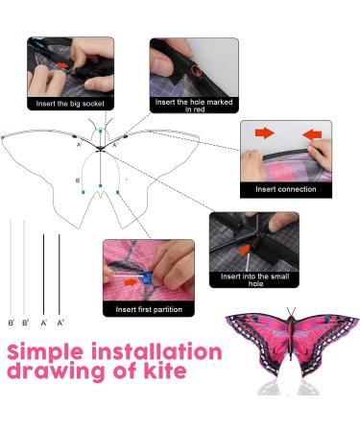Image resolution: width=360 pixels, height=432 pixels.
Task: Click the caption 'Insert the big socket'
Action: pyautogui.click(x=70, y=104)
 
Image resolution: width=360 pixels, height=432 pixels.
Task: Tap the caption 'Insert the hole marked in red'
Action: pyautogui.click(x=194, y=106)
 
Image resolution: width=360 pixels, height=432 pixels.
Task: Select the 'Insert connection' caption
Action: pyautogui.click(x=286, y=189)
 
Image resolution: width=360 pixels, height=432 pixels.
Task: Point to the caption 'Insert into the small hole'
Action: pyautogui.click(x=254, y=279)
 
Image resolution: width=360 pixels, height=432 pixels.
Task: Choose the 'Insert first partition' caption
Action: pyautogui.click(x=149, y=309)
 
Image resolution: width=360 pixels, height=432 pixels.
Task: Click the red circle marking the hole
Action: pyautogui.click(x=196, y=70)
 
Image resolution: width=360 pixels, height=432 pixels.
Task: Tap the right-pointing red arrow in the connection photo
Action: pyautogui.click(x=264, y=132)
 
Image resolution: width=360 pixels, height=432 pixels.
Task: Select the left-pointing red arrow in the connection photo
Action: pyautogui.click(x=312, y=134)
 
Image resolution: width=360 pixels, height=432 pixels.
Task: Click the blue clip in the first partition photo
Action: pyautogui.click(x=147, y=277)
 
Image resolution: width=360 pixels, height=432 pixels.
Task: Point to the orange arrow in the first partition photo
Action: pyautogui.click(x=131, y=282)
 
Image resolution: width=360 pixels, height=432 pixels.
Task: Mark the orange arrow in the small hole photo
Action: pyautogui.click(x=245, y=250)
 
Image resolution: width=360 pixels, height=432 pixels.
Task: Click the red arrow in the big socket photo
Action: pyautogui.click(x=62, y=65)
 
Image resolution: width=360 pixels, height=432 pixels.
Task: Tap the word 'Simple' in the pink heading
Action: pyautogui.click(x=45, y=352)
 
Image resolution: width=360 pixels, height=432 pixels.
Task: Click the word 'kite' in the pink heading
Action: pyautogui.click(x=165, y=370)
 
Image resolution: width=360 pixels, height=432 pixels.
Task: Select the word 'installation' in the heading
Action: pyautogui.click(x=156, y=351)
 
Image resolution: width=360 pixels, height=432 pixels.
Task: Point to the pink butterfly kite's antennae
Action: pyautogui.click(x=291, y=311)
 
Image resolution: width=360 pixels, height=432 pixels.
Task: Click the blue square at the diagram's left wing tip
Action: pyautogui.click(x=3, y=137)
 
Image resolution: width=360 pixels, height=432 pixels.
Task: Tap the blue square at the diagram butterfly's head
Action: pyautogui.click(x=101, y=131)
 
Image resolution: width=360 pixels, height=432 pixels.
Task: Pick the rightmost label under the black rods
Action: pyautogui.click(x=60, y=323)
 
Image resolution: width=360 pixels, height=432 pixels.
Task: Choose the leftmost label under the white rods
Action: pyautogui.click(x=12, y=323)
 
